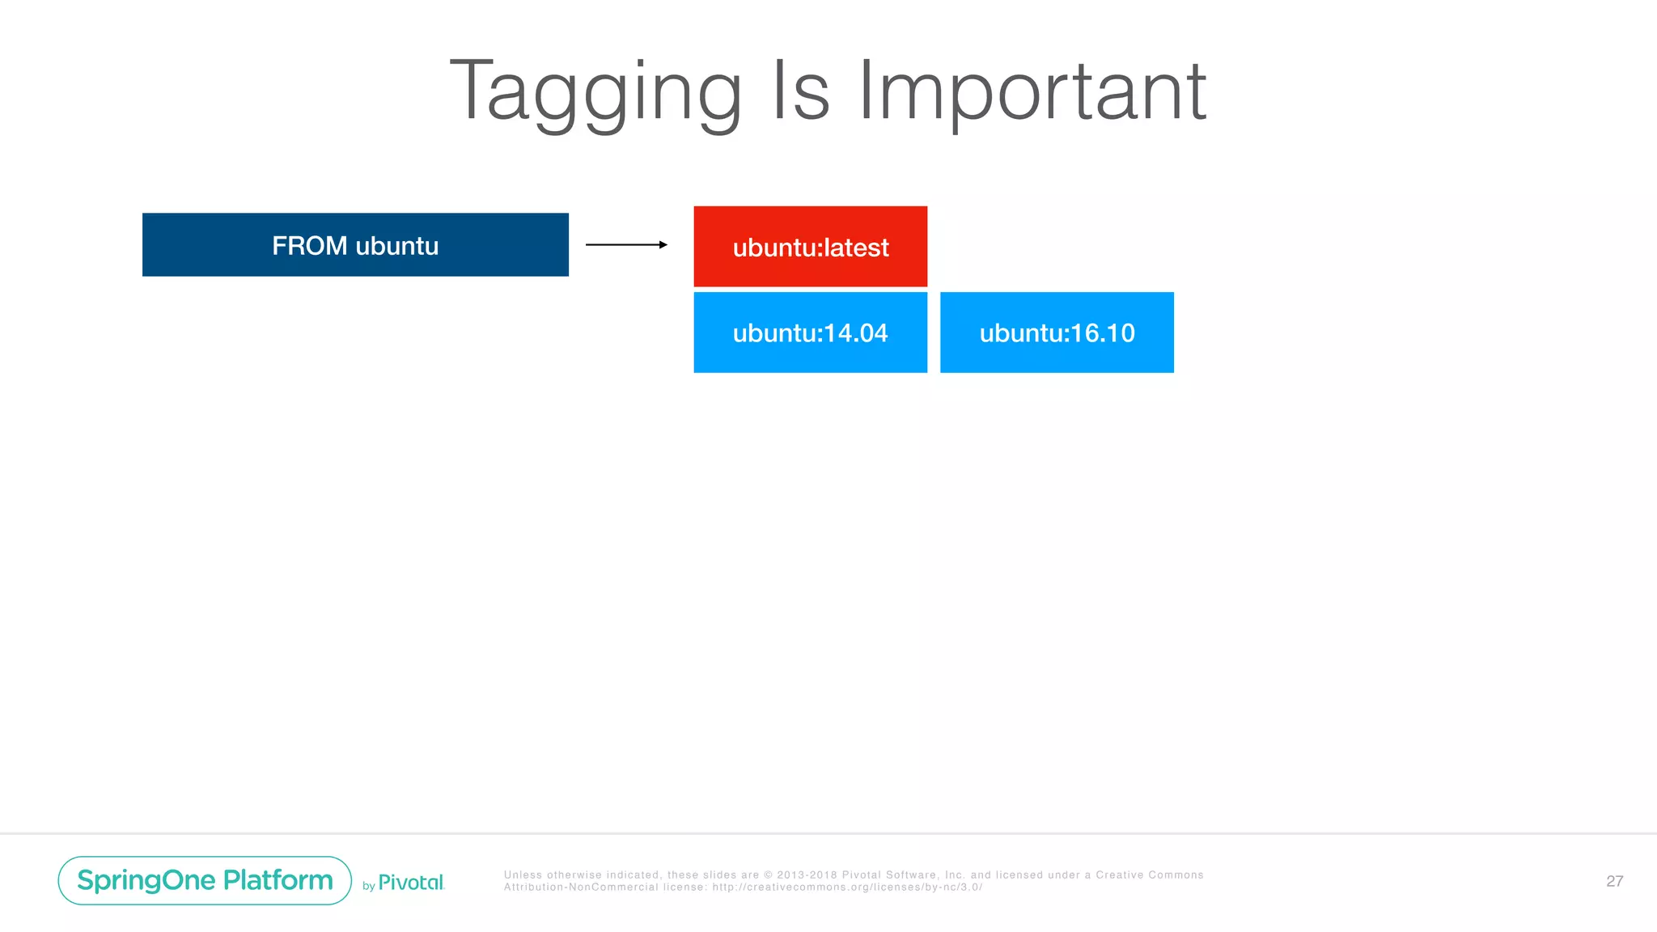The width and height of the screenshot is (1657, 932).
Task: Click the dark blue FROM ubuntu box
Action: click(x=355, y=244)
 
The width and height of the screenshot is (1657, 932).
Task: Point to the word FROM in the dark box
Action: click(x=309, y=245)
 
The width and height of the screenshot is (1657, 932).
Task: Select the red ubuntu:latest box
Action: click(x=810, y=247)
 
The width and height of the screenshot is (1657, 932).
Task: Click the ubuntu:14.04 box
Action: click(x=810, y=333)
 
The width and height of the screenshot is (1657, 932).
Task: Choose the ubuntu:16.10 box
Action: click(x=1057, y=333)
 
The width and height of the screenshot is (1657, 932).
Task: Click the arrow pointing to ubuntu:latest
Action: click(x=625, y=244)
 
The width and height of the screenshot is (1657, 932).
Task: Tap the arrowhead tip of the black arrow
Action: click(x=664, y=244)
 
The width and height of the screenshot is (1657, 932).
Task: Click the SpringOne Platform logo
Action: click(x=205, y=880)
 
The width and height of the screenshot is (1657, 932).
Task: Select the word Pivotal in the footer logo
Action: click(x=411, y=883)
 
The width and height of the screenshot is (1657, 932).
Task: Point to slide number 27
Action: click(x=1614, y=881)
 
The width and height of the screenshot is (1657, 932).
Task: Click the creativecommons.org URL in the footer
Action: click(x=847, y=888)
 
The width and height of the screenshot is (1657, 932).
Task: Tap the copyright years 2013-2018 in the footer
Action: click(x=807, y=875)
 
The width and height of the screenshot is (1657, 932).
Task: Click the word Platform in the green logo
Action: click(x=278, y=880)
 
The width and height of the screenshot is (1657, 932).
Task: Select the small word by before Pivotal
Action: click(x=368, y=887)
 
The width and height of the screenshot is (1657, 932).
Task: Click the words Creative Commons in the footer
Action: click(x=1149, y=875)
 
